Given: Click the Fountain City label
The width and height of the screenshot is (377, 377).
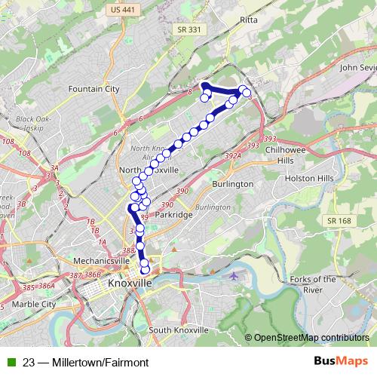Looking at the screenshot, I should click(93, 89).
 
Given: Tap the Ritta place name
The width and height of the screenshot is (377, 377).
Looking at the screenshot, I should click(248, 19).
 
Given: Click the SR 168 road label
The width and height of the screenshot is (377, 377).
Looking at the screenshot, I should click(339, 219).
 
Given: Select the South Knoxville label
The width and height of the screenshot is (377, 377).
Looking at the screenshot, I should click(177, 330).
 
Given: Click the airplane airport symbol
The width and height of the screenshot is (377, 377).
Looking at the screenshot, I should click(234, 275).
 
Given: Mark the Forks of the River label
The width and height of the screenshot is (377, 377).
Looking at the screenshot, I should click(313, 284).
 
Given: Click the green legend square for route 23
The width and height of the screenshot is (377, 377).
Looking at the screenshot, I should click(11, 363).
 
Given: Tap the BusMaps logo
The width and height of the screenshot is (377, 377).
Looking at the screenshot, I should click(341, 362).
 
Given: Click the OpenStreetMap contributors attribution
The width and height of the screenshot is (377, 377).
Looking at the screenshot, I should click(311, 338).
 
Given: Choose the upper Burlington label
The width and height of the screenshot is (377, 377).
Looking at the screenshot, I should click(232, 183).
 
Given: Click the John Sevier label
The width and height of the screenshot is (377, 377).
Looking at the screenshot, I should click(357, 67).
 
